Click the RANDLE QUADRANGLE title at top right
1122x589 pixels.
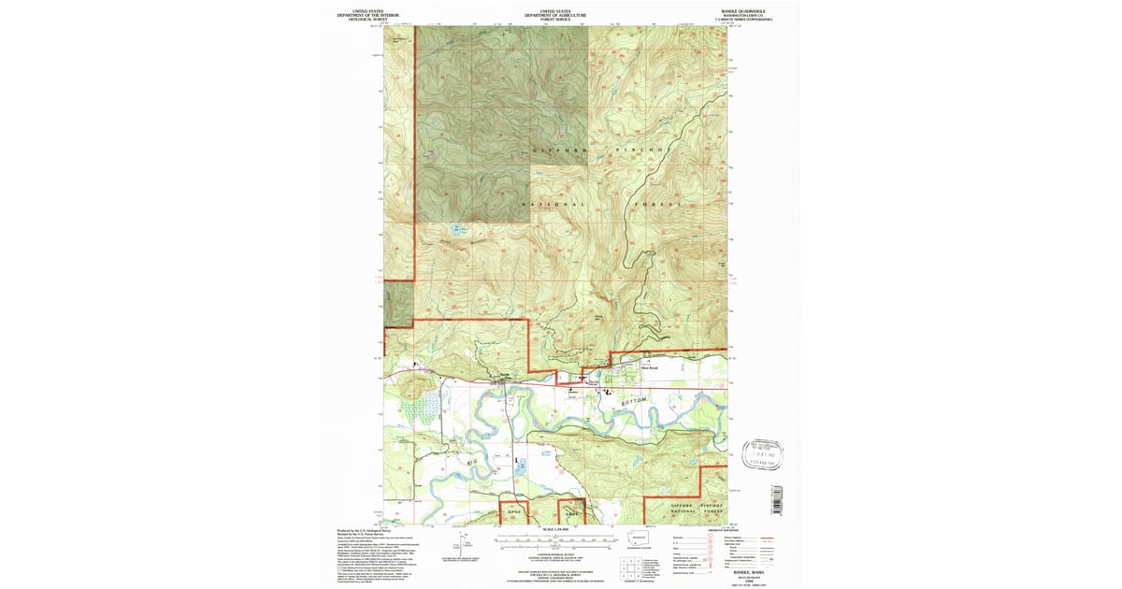click(746, 10)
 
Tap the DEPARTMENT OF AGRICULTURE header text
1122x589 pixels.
click(555, 15)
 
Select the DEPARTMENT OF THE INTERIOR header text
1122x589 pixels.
click(367, 15)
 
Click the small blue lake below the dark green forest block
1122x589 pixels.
click(456, 227)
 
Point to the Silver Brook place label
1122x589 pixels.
click(648, 367)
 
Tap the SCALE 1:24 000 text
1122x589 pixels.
click(555, 531)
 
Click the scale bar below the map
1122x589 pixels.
click(555, 540)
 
